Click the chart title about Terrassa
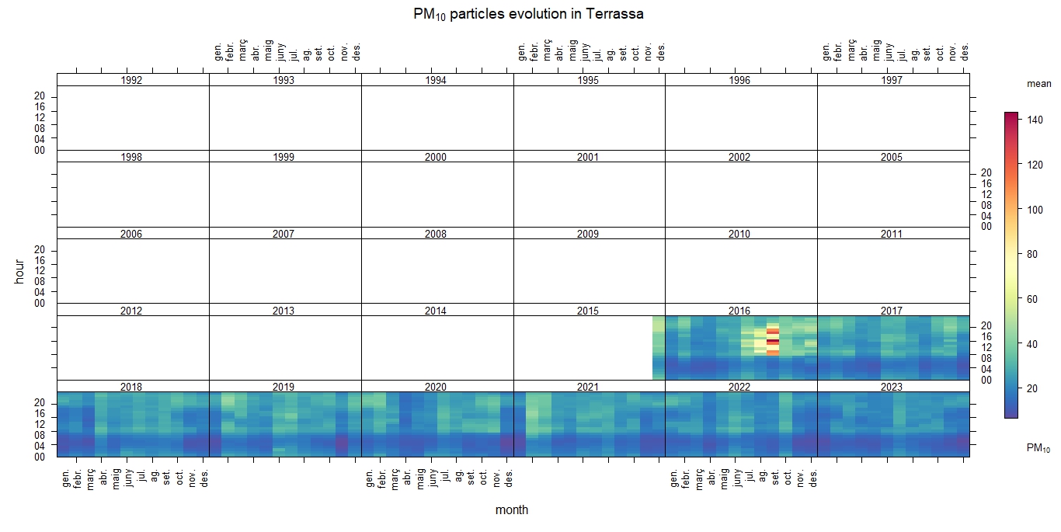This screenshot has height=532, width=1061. coord(529,14)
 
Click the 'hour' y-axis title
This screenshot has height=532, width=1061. coord(20,271)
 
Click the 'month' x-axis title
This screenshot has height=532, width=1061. coord(512,510)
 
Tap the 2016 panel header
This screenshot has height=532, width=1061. coord(739,311)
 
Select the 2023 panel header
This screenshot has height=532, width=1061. coord(892,387)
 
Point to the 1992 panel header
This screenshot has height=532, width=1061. coord(133,80)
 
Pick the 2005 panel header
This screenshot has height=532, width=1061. coord(892,157)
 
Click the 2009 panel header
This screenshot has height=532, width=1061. coord(588,234)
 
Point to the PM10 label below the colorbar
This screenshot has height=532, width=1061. coord(1038,448)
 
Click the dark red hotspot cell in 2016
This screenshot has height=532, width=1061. coord(772,342)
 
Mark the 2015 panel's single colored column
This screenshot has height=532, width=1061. coord(659,348)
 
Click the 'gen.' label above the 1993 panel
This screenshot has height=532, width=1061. coord(218,51)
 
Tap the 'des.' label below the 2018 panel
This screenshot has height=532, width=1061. coord(204,475)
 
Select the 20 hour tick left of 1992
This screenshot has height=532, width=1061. coord(40,96)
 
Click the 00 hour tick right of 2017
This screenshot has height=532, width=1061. coord(986,380)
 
